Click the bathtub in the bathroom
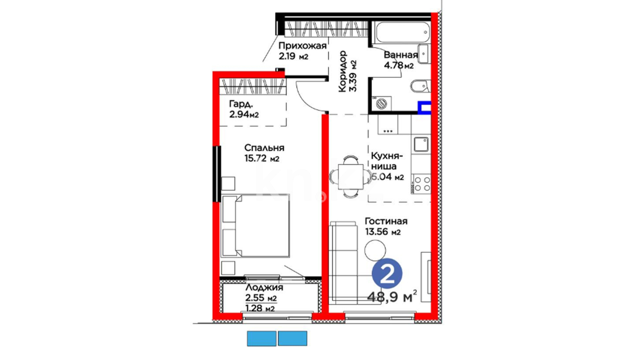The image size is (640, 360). [x=401, y=32]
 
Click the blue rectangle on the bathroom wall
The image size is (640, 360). [x=424, y=108]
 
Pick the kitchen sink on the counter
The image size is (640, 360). [x=421, y=144]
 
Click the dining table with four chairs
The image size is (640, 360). [x=350, y=177]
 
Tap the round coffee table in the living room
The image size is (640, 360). [x=375, y=250]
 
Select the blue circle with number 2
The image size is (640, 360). [x=387, y=274]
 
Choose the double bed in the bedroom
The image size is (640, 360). [x=255, y=226]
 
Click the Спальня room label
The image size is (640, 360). [x=264, y=148]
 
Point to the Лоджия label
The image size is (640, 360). [x=264, y=287]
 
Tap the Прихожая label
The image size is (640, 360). [x=302, y=46]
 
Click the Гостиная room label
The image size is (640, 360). [x=386, y=221]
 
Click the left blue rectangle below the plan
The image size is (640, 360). [x=262, y=338]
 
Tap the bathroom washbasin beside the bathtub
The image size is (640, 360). [x=423, y=53]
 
